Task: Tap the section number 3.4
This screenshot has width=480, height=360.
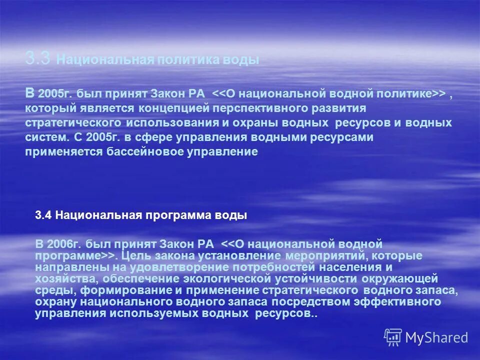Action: pos(44,215)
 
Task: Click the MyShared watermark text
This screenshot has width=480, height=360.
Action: pos(437,338)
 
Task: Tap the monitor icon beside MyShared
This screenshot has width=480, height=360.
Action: pos(393,337)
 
